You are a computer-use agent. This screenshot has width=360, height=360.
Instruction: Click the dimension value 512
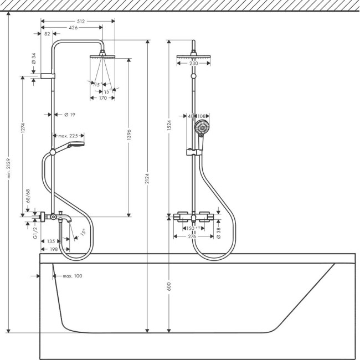(81, 21)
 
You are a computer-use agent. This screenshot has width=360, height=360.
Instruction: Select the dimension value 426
(73, 27)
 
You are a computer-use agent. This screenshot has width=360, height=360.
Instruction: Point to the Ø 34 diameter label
(34, 59)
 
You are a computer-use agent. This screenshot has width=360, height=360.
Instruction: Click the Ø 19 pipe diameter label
(69, 115)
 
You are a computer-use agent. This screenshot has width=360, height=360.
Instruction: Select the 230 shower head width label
(193, 63)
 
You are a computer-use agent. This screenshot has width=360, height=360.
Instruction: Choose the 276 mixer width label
(193, 236)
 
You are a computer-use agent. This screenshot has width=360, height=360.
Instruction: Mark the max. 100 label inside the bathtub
(72, 276)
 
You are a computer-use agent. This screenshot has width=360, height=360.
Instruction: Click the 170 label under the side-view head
(102, 98)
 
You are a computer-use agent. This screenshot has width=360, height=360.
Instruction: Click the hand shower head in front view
(203, 127)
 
